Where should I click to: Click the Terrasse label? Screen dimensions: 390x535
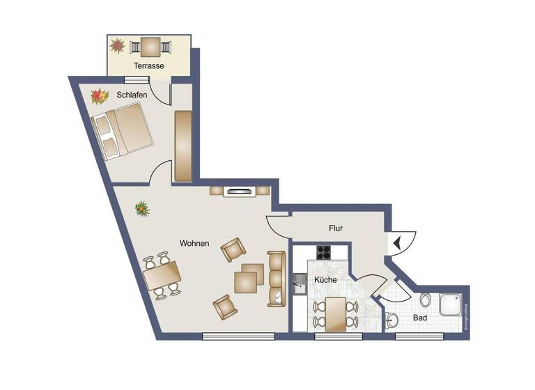tap(149, 66)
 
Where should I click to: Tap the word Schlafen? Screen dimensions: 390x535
tap(132, 95)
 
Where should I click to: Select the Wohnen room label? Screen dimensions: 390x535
tap(194, 243)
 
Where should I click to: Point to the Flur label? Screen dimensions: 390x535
tap(336, 228)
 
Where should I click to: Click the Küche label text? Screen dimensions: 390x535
tap(325, 279)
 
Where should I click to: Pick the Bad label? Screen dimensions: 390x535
tap(419, 318)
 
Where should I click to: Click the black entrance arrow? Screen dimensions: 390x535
tap(397, 243)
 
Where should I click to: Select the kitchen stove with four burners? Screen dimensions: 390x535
tap(324, 252)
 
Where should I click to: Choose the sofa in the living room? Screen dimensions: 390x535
tap(277, 279)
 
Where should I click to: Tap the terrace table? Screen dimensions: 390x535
tap(150, 47)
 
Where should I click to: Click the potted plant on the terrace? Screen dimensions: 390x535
tap(117, 47)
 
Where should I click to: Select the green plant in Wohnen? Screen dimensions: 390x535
tap(143, 208)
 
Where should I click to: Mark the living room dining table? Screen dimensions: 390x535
tap(162, 277)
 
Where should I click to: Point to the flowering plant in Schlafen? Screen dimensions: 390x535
tap(100, 95)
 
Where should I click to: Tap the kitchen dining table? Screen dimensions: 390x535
tap(335, 313)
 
